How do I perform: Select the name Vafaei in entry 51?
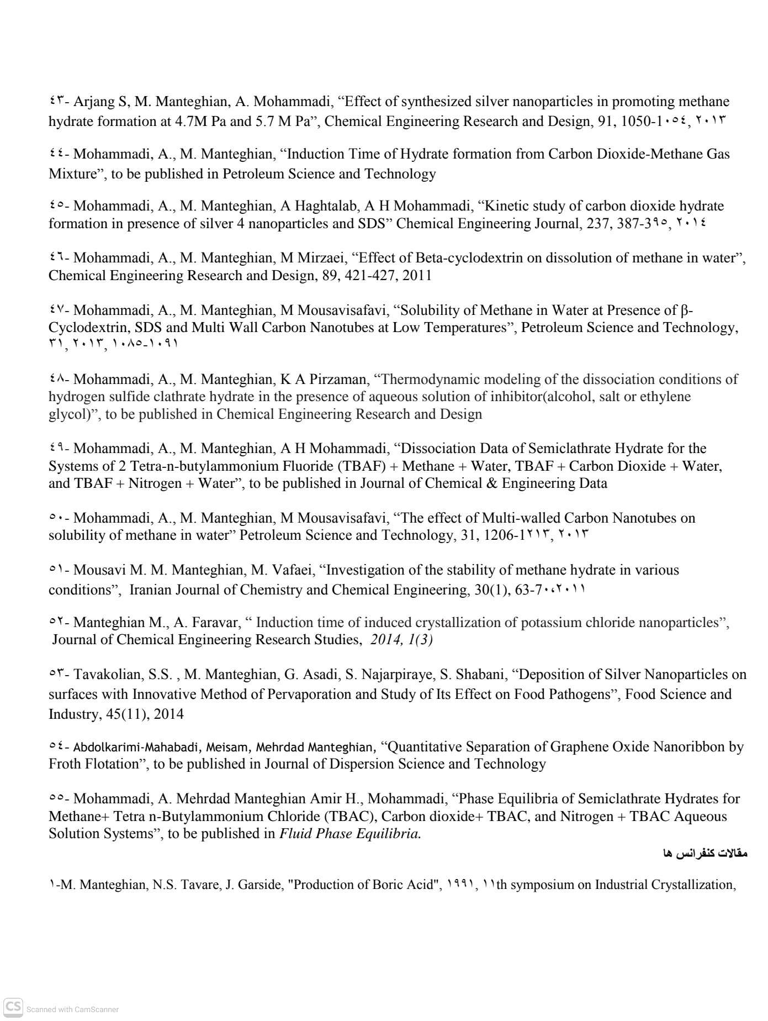(x=291, y=570)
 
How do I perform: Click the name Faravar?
(x=216, y=622)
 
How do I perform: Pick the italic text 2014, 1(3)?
(x=402, y=640)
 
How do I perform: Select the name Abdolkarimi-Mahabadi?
(x=137, y=747)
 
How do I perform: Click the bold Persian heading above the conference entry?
(x=705, y=853)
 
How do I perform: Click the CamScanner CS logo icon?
(x=13, y=1007)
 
